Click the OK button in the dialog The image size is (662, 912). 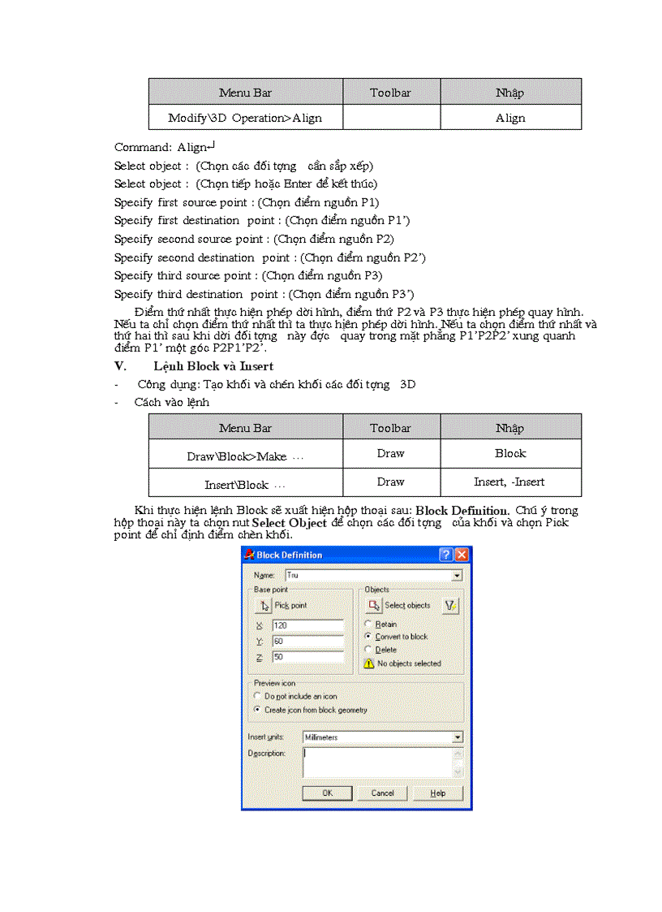(327, 793)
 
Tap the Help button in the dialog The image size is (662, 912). (438, 793)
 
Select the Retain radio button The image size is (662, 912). (368, 625)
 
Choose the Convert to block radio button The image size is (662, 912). (368, 637)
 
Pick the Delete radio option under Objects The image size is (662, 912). (368, 650)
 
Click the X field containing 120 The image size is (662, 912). (307, 625)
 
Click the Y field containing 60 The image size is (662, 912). (307, 642)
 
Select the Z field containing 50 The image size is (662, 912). (307, 657)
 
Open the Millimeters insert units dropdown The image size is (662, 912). (458, 737)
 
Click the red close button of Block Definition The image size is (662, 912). (462, 555)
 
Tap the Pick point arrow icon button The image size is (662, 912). (264, 606)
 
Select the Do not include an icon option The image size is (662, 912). (259, 697)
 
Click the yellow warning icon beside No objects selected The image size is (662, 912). (369, 663)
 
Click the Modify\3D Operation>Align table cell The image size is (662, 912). (245, 118)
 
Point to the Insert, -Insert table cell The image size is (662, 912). (509, 482)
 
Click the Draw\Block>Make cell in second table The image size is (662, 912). (245, 456)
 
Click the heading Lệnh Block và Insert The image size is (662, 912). (213, 366)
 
